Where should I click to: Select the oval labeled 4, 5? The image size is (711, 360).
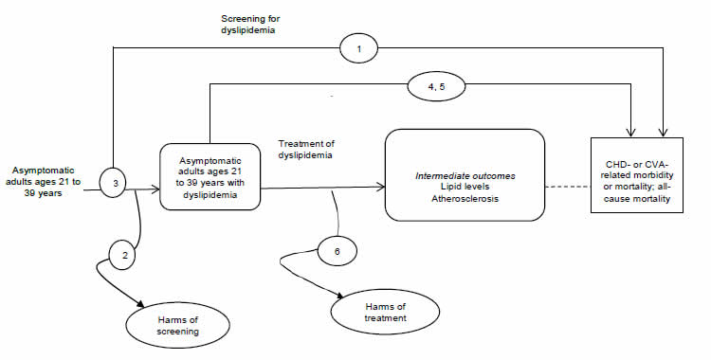tap(437, 88)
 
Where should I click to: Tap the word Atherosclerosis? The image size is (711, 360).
tap(464, 200)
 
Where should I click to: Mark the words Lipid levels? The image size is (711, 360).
tap(464, 188)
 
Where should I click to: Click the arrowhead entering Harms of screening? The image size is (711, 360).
tap(143, 305)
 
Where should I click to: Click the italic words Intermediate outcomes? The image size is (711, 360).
tap(464, 174)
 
